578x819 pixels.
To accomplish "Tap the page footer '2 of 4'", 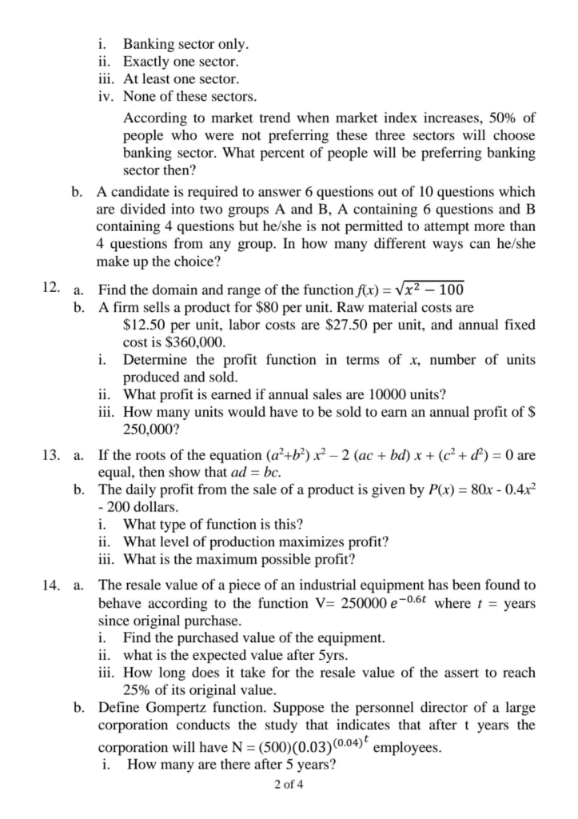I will pos(288,784).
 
